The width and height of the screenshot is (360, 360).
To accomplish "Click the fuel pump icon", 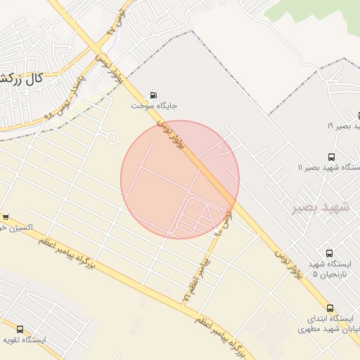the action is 153,95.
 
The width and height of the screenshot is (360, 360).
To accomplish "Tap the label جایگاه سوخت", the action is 154,106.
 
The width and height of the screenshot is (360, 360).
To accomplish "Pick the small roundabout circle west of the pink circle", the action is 112,138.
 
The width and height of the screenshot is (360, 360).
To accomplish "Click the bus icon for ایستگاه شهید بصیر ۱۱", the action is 331,157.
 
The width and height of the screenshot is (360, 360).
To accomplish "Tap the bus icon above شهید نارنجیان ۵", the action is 329,253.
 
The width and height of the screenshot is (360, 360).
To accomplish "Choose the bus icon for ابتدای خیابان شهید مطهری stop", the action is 330,308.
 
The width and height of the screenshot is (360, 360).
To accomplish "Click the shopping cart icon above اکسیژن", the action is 6,217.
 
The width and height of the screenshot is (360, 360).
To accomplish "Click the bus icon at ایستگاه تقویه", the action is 20,328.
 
